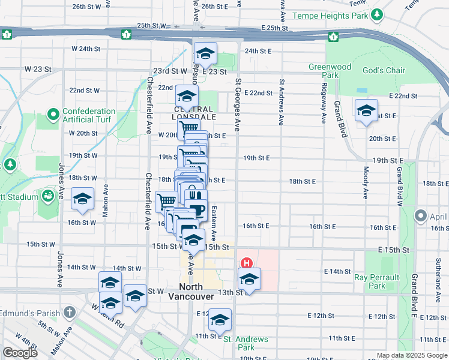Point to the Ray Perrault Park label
click(376, 281)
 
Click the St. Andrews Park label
click(246, 343)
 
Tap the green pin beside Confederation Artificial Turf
click(53, 113)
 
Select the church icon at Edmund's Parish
click(70, 312)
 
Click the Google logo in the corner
click(20, 352)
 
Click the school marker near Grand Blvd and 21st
click(366, 110)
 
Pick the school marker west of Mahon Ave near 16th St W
click(82, 199)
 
